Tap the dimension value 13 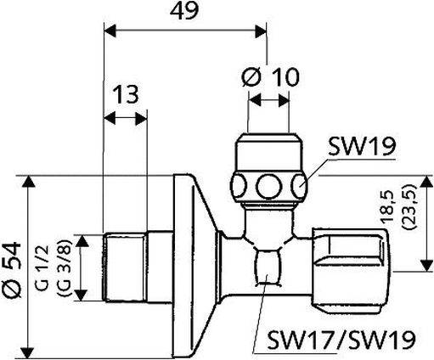(124, 94)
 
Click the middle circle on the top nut (268, 184)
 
